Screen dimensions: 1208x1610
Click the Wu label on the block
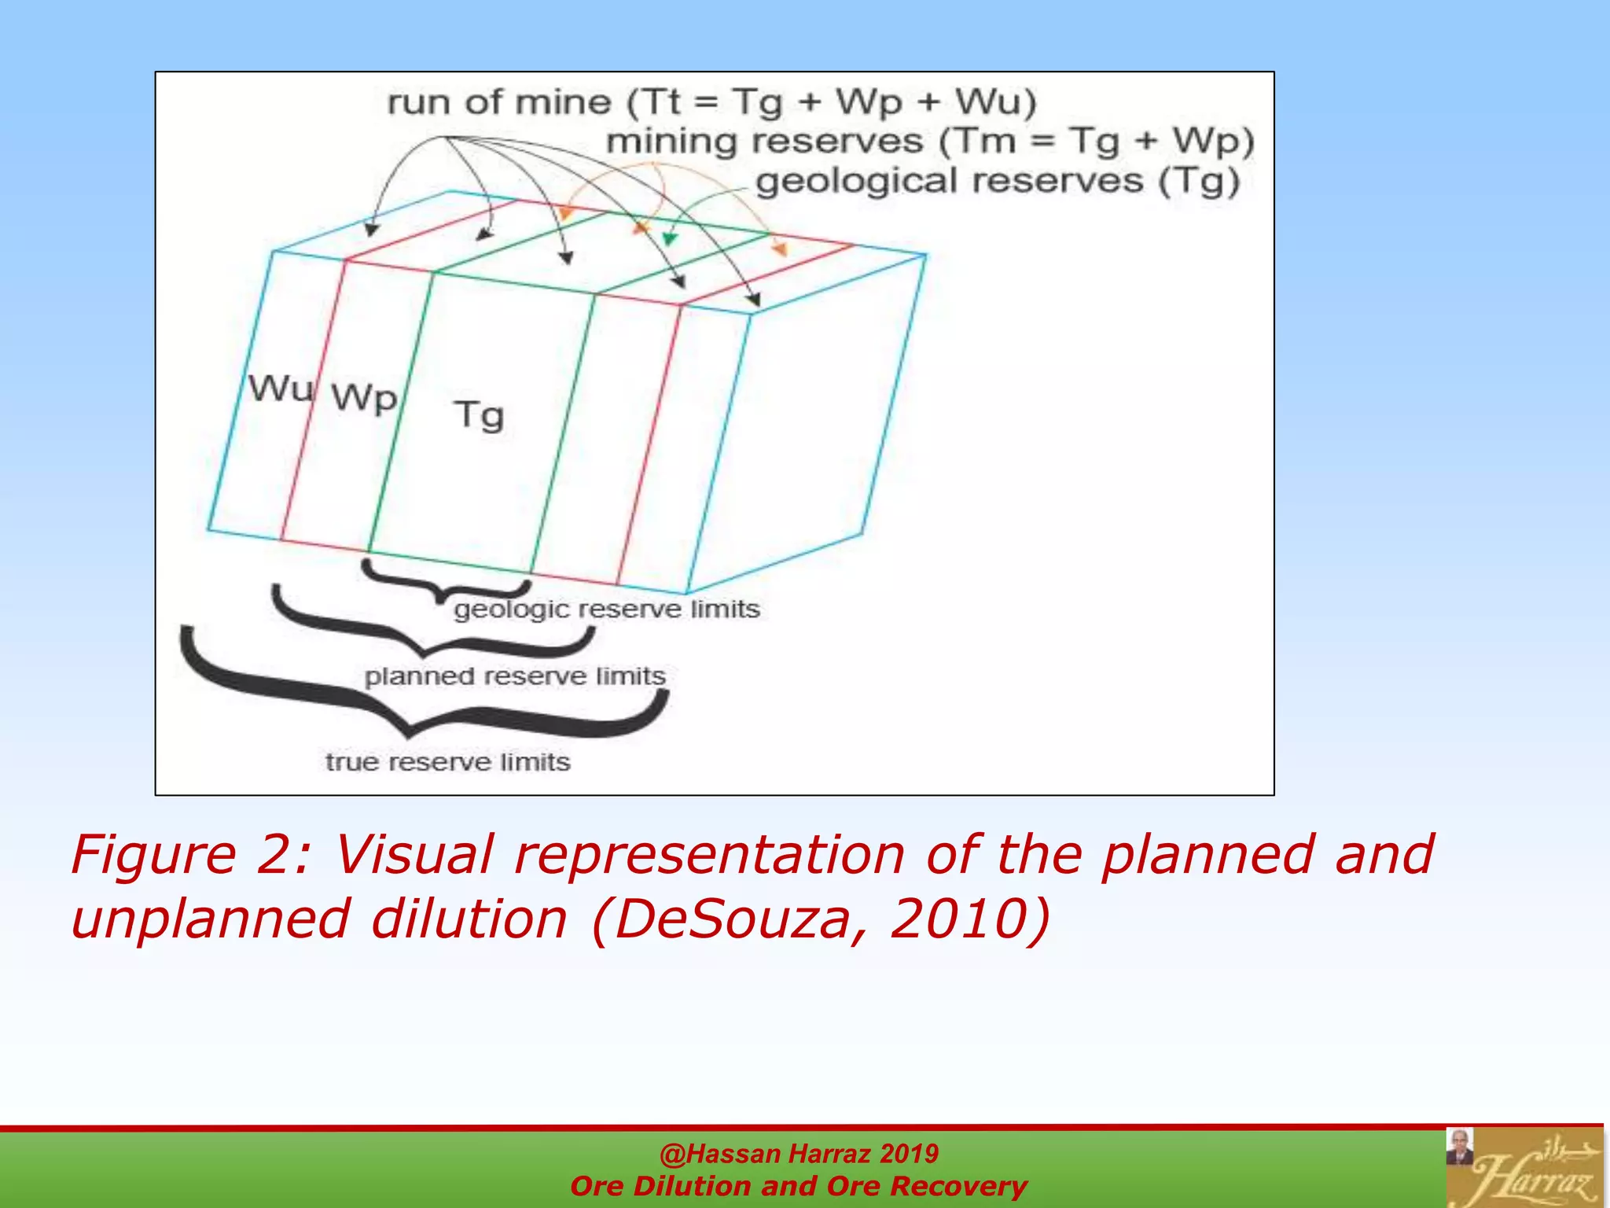pos(281,389)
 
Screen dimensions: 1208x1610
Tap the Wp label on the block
pos(363,397)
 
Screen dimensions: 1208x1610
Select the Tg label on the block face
pos(479,414)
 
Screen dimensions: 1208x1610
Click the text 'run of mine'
pos(498,102)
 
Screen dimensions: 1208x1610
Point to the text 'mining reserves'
pos(764,142)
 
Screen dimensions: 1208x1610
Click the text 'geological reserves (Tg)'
pos(997,181)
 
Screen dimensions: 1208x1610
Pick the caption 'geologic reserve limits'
pos(606,610)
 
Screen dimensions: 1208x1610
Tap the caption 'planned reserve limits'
pos(515,676)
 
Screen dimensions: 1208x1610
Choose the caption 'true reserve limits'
pos(447,762)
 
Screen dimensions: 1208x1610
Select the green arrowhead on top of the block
pos(669,238)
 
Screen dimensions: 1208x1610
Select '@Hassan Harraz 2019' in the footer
pos(799,1154)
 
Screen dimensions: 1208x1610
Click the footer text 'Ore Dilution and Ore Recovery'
pos(799,1186)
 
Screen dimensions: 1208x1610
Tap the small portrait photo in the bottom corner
pos(1460,1147)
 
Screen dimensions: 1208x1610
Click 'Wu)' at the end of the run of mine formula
pos(995,102)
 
